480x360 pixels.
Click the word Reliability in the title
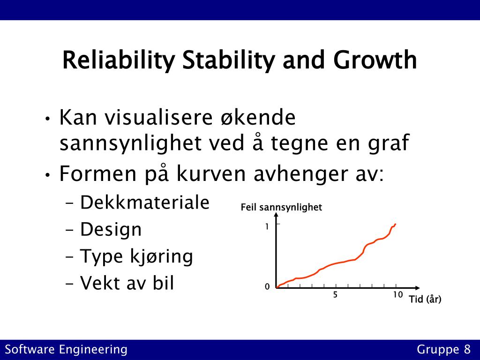tap(119, 60)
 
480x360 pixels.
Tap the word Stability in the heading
tap(228, 60)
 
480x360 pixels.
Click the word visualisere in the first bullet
tap(158, 117)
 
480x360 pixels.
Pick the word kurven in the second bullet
tap(211, 173)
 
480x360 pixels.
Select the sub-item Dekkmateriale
tap(144, 202)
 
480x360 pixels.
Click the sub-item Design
tap(111, 230)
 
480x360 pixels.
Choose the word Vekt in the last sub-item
tap(100, 283)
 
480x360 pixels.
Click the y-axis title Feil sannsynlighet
tap(281, 208)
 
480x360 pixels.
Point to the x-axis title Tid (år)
tap(425, 299)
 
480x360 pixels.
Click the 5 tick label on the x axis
tap(335, 294)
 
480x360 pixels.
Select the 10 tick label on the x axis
tap(397, 294)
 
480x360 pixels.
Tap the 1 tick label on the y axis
tap(267, 226)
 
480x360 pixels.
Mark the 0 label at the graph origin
tap(267, 287)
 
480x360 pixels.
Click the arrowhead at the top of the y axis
tap(276, 215)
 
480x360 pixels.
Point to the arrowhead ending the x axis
tap(418, 288)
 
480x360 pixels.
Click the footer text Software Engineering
tap(66, 350)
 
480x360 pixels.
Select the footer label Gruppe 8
tap(443, 350)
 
